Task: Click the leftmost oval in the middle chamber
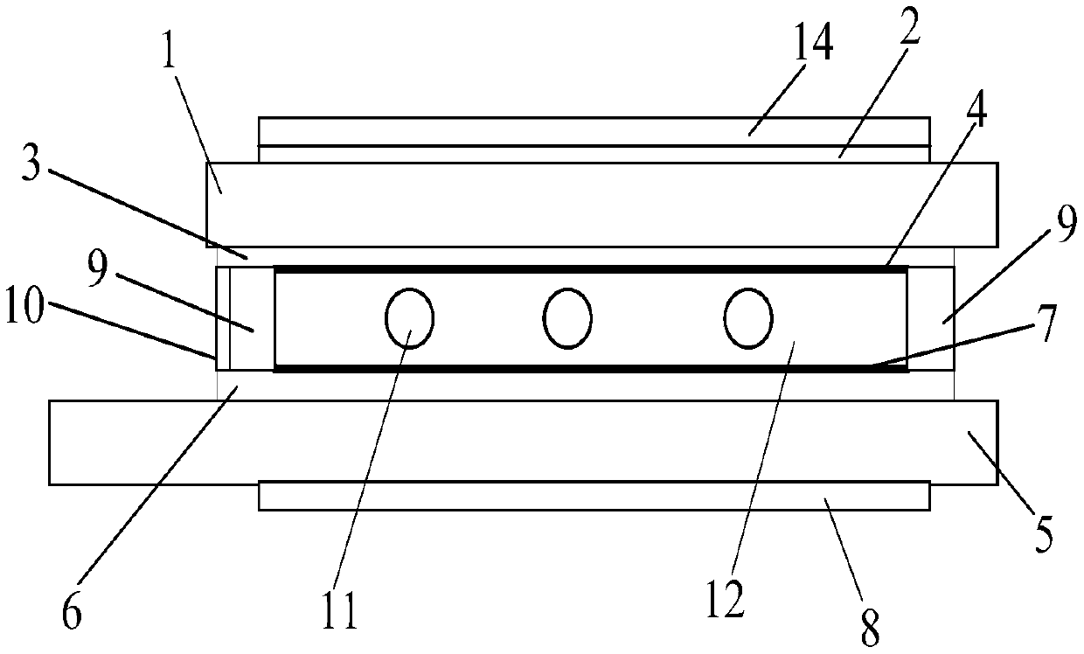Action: pyautogui.click(x=409, y=317)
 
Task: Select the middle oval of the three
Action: pyautogui.click(x=566, y=317)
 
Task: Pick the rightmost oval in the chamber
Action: pyautogui.click(x=747, y=317)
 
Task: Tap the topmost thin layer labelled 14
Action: pyautogui.click(x=594, y=131)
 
